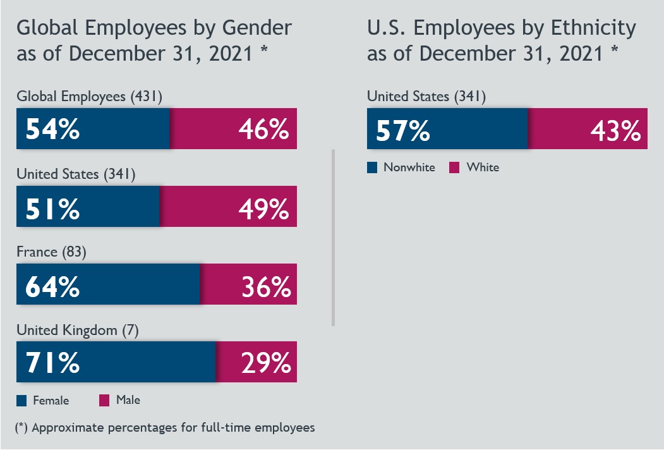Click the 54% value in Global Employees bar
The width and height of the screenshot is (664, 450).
click(x=52, y=130)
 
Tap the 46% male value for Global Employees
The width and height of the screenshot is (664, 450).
click(x=263, y=130)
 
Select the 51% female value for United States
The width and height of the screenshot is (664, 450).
click(x=52, y=207)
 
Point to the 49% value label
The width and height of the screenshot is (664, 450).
click(x=263, y=207)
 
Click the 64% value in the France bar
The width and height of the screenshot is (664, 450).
click(x=52, y=286)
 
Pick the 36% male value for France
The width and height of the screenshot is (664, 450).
click(x=265, y=286)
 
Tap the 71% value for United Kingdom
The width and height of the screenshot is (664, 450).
click(x=52, y=363)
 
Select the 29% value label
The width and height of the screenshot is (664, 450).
click(x=265, y=363)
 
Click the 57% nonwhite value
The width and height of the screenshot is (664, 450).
click(x=403, y=130)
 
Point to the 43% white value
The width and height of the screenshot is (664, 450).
click(x=615, y=130)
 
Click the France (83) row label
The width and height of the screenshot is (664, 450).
click(x=51, y=252)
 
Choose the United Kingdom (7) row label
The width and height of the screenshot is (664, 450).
click(x=77, y=329)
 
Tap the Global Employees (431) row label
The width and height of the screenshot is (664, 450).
click(x=90, y=97)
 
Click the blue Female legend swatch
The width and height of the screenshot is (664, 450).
click(x=21, y=400)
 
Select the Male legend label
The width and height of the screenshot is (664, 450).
click(x=128, y=400)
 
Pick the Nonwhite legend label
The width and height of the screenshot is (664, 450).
click(x=409, y=167)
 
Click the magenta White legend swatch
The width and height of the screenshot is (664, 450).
click(x=454, y=167)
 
